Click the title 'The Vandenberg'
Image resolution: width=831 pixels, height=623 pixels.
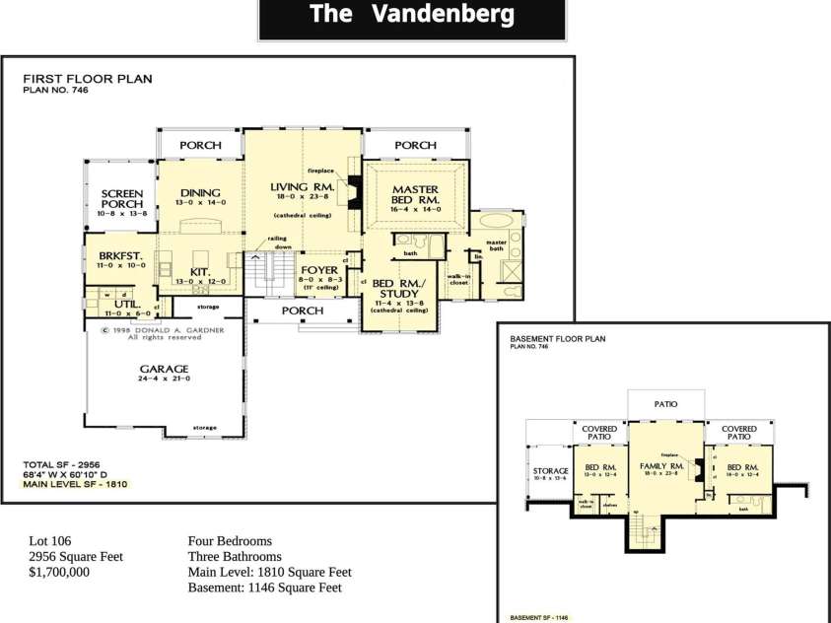pos(411,15)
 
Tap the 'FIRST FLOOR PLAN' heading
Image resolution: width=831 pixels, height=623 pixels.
pos(87,79)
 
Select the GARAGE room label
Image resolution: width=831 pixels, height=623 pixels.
pos(163,370)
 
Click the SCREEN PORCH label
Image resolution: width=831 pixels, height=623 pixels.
pos(122,198)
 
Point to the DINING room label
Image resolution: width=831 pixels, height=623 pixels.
pos(200,192)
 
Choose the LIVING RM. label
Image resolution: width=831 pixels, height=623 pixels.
pos(303,186)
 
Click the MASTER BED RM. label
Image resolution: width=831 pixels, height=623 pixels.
pos(415,193)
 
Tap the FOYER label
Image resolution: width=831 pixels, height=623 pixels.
pos(319,269)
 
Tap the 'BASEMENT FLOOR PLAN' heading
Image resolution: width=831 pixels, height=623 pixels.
pos(557,338)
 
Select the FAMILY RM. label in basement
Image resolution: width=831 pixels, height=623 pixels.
pos(661,465)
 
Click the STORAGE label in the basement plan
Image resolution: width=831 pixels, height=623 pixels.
pos(551,471)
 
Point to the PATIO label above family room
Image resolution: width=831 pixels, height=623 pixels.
pos(666,404)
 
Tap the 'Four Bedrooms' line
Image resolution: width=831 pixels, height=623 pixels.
pos(229,541)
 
